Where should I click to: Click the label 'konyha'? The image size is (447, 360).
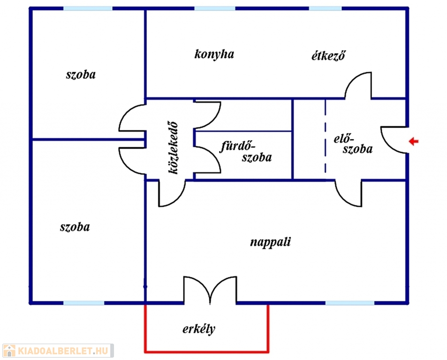(214, 54)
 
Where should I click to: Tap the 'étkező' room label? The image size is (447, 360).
(329, 56)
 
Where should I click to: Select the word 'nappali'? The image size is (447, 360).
(271, 242)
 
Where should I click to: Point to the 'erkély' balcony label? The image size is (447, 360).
(199, 329)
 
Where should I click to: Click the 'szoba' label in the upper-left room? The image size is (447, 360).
(81, 74)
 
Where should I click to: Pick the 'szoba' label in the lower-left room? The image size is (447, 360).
(75, 227)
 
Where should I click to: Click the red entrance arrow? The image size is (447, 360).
(413, 142)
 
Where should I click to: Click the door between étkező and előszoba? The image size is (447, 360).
(359, 86)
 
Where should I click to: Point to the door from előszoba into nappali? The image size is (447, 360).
(349, 193)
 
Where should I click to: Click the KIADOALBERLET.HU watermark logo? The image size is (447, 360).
(57, 350)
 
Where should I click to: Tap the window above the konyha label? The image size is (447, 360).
(214, 8)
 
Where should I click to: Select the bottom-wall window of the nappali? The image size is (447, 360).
(349, 303)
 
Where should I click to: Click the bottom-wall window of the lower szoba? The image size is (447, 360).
(84, 303)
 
